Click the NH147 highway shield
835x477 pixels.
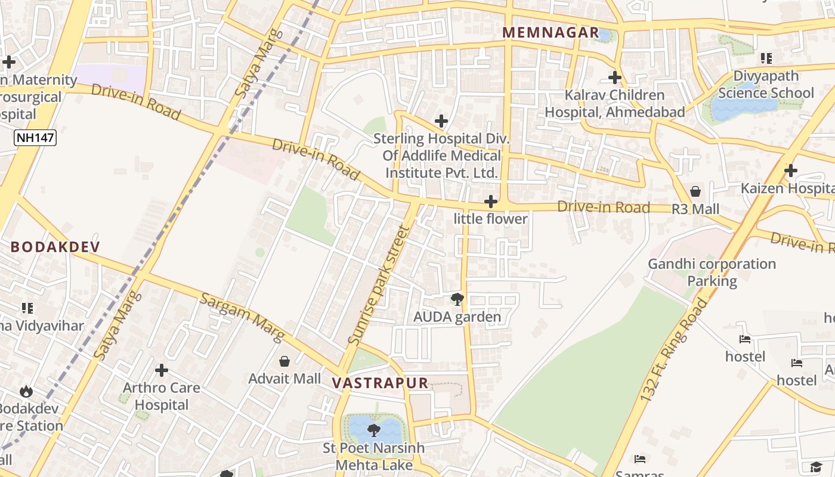pyautogui.click(x=35, y=138)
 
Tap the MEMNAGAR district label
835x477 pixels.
pyautogui.click(x=551, y=33)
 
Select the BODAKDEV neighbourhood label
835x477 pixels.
pyautogui.click(x=55, y=247)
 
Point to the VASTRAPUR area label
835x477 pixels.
pyautogui.click(x=380, y=383)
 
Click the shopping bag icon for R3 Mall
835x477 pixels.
pyautogui.click(x=695, y=191)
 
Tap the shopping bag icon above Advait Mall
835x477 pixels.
pyautogui.click(x=284, y=361)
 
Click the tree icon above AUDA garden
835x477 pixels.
pyautogui.click(x=457, y=299)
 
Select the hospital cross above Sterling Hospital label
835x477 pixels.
pyautogui.click(x=441, y=121)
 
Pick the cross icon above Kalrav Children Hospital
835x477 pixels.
pyautogui.click(x=615, y=78)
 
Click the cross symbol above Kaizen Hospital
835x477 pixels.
pyautogui.click(x=791, y=171)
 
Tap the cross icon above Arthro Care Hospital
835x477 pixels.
pyautogui.click(x=162, y=370)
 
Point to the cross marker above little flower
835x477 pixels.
pyautogui.click(x=491, y=202)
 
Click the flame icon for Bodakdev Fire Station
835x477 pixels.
pyautogui.click(x=26, y=391)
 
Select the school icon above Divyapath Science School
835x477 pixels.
pyautogui.click(x=766, y=58)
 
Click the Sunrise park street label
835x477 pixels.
pyautogui.click(x=379, y=286)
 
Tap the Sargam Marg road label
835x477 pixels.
pyautogui.click(x=242, y=317)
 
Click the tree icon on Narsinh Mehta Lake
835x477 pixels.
pyautogui.click(x=374, y=429)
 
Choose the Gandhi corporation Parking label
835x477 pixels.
pyautogui.click(x=712, y=272)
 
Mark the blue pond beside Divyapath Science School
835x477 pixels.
pyautogui.click(x=743, y=107)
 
